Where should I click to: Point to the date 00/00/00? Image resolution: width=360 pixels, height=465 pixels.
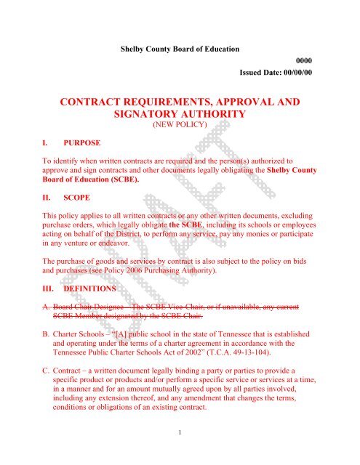tap(297, 74)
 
